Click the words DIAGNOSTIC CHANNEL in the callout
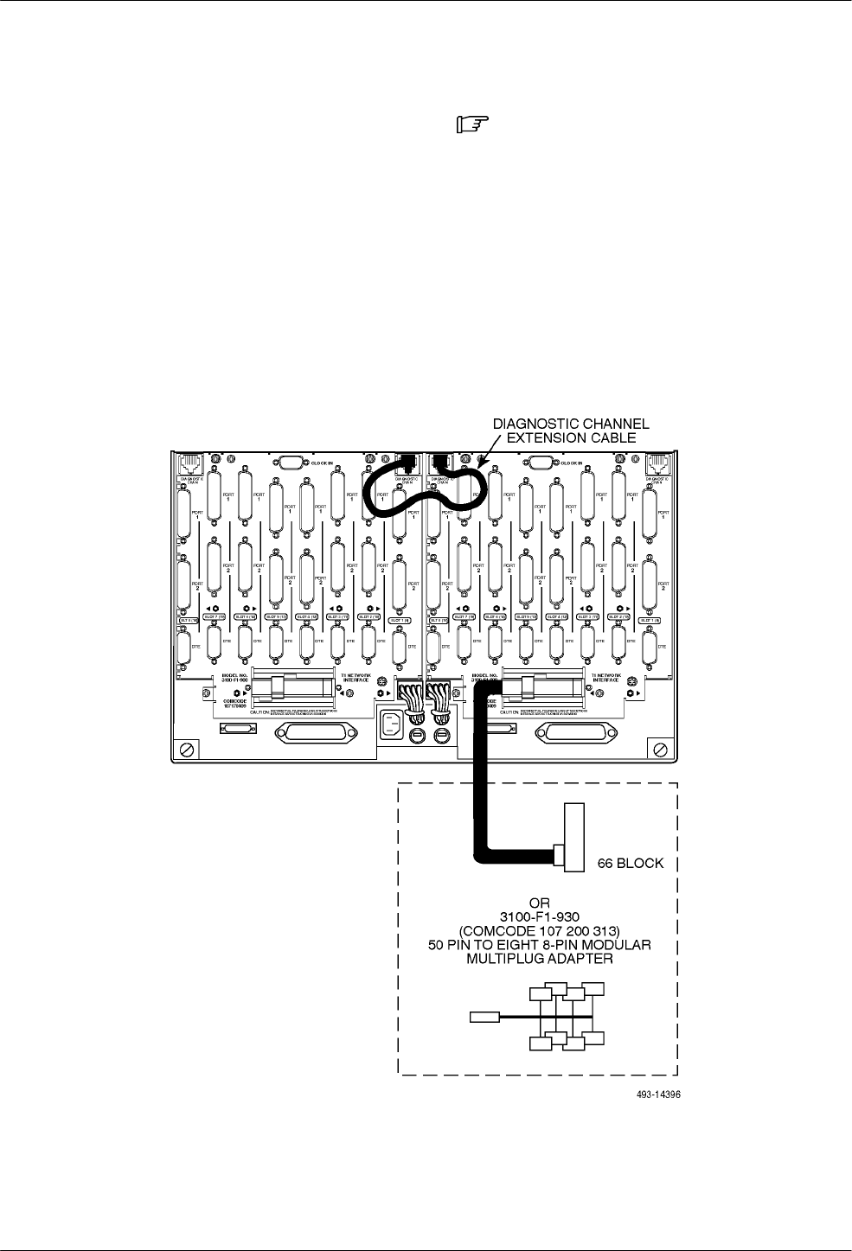[x=571, y=424]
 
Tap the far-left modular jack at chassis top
[x=189, y=463]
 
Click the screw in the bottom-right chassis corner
[x=661, y=748]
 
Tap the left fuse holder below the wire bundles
[x=418, y=735]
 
